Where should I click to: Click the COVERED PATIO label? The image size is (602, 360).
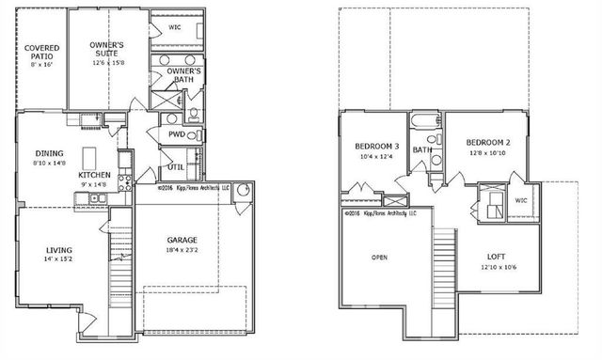click(41, 53)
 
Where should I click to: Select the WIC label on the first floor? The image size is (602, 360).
click(174, 27)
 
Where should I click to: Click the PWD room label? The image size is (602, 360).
click(176, 134)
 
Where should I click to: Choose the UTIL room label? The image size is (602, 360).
click(176, 167)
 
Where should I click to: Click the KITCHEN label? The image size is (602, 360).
click(94, 175)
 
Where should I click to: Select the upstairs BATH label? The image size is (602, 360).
click(422, 149)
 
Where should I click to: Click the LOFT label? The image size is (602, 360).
click(498, 256)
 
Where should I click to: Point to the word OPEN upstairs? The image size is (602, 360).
click(380, 256)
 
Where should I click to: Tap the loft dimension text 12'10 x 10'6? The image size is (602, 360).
click(498, 268)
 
